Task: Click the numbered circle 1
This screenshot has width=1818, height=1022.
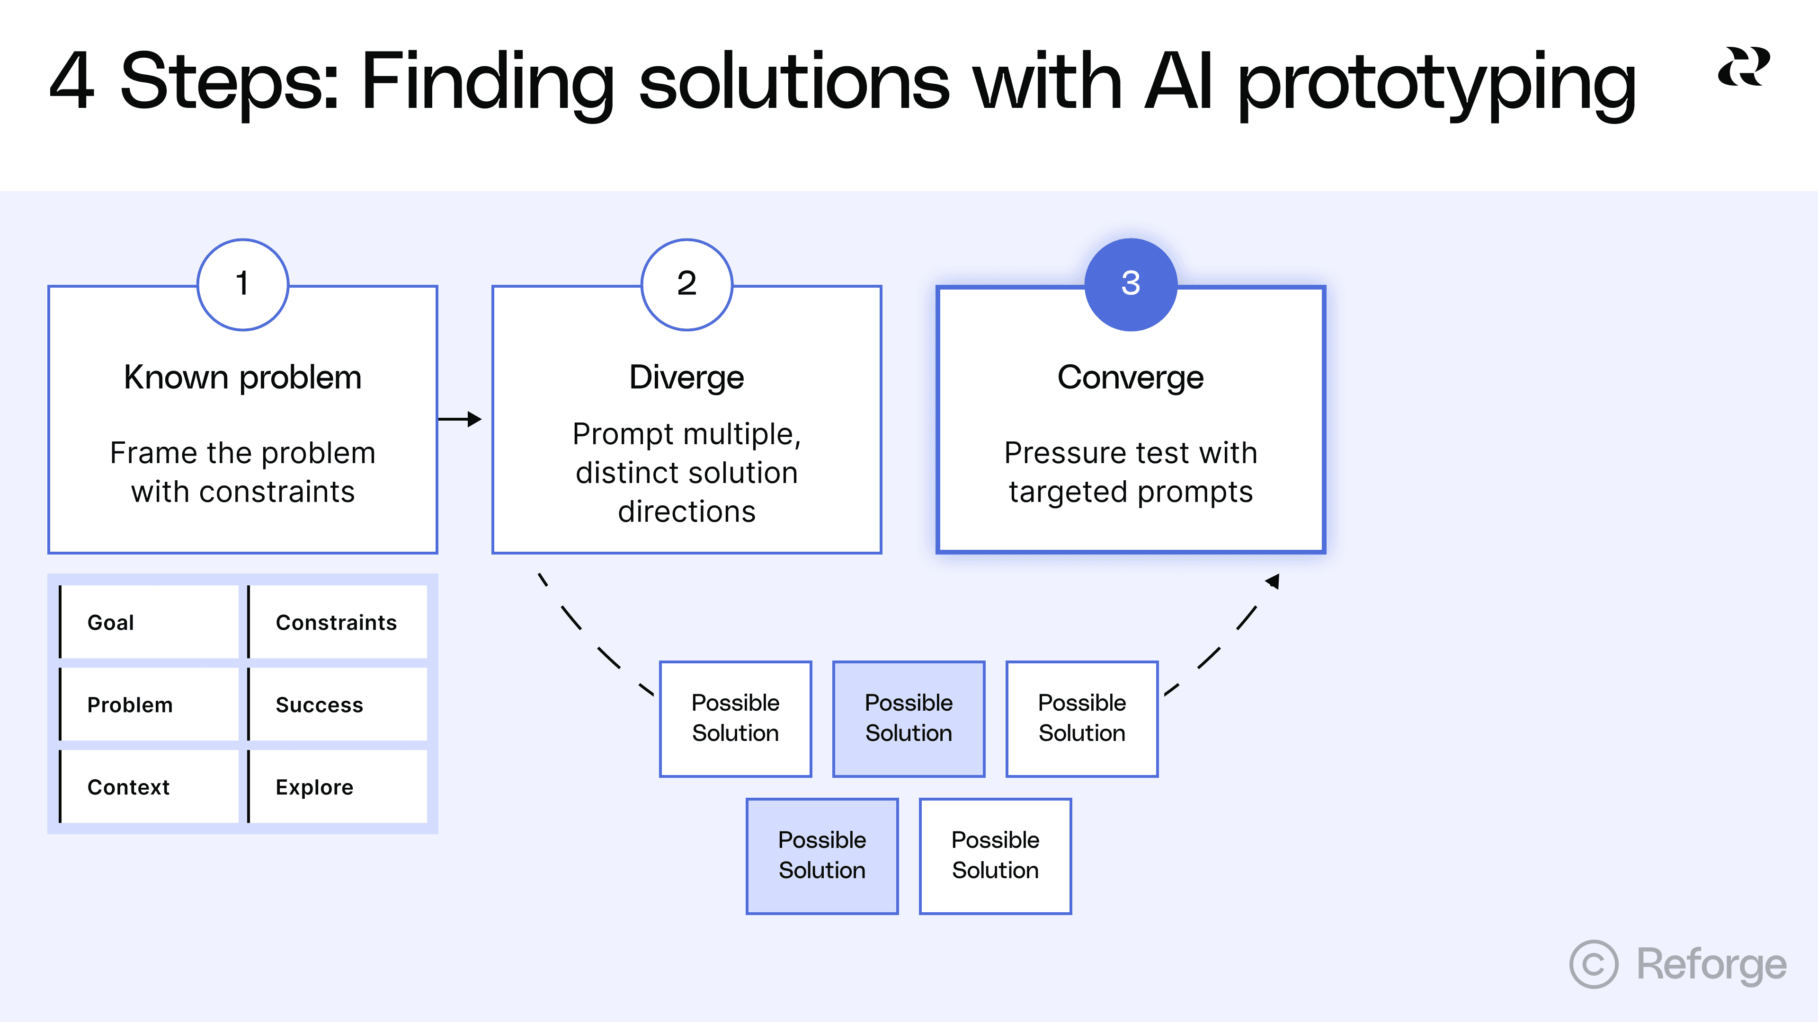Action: tap(242, 284)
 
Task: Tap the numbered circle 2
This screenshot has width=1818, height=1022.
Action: tap(686, 284)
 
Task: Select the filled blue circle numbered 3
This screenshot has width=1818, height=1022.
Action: tap(1131, 284)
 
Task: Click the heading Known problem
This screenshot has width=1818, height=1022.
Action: tap(242, 378)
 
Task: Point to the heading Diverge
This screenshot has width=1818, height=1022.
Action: tap(686, 378)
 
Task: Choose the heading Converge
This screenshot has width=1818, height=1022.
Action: tap(1131, 378)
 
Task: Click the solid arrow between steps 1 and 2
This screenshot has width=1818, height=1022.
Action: tap(460, 419)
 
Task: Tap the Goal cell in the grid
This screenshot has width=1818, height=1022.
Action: tap(150, 622)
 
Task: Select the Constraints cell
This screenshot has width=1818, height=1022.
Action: tap(338, 622)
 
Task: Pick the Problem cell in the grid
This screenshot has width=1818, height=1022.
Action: tap(150, 705)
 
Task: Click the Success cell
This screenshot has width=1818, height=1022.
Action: tap(338, 705)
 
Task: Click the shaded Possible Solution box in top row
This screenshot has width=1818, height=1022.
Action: tap(909, 719)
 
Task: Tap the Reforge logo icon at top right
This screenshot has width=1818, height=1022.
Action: tap(1743, 67)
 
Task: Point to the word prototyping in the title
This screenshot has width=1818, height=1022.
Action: tap(1436, 83)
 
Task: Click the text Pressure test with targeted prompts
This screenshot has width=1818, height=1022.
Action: tap(1131, 472)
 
